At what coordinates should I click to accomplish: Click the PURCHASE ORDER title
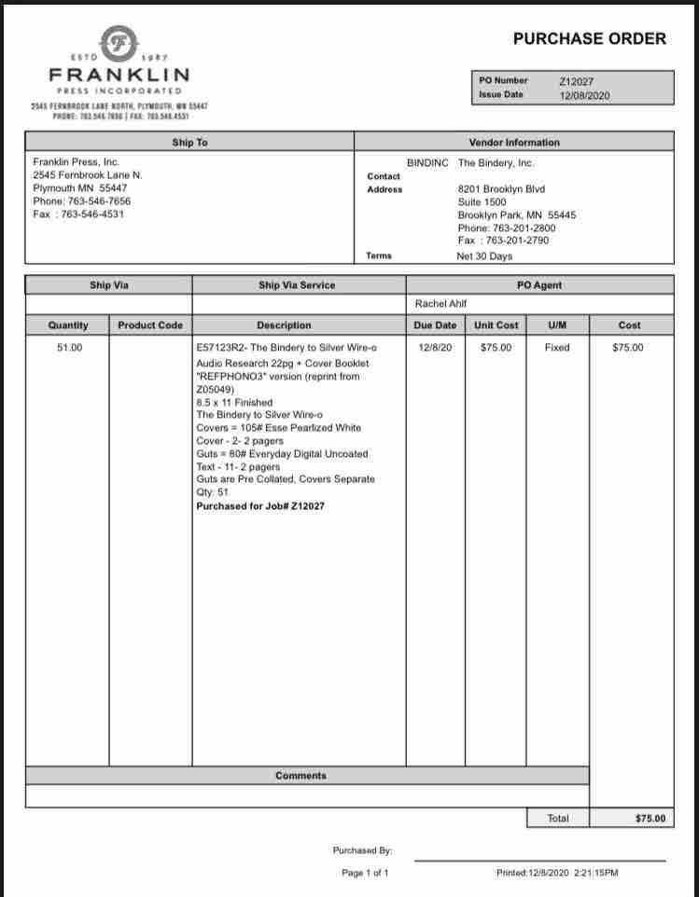[x=590, y=38]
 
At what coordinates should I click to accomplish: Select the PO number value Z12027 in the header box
[x=576, y=81]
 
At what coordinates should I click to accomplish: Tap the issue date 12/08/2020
[x=585, y=95]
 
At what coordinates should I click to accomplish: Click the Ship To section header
[x=189, y=143]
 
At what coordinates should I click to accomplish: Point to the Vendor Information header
[x=514, y=143]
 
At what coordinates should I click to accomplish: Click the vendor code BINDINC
[x=427, y=162]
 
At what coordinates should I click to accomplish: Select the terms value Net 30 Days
[x=484, y=255]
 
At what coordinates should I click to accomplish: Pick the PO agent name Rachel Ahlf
[x=440, y=304]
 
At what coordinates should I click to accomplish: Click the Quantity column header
[x=68, y=325]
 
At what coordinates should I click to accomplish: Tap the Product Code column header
[x=150, y=325]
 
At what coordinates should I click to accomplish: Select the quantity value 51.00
[x=70, y=348]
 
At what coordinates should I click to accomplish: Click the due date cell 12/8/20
[x=435, y=348]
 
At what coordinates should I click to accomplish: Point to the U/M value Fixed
[x=556, y=348]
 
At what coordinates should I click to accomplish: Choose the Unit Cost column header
[x=496, y=325]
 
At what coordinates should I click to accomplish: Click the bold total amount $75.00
[x=650, y=818]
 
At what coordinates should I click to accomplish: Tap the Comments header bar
[x=301, y=776]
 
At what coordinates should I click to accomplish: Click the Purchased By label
[x=362, y=850]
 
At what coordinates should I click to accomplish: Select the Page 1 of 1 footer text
[x=365, y=873]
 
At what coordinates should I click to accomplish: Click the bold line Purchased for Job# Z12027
[x=260, y=505]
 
